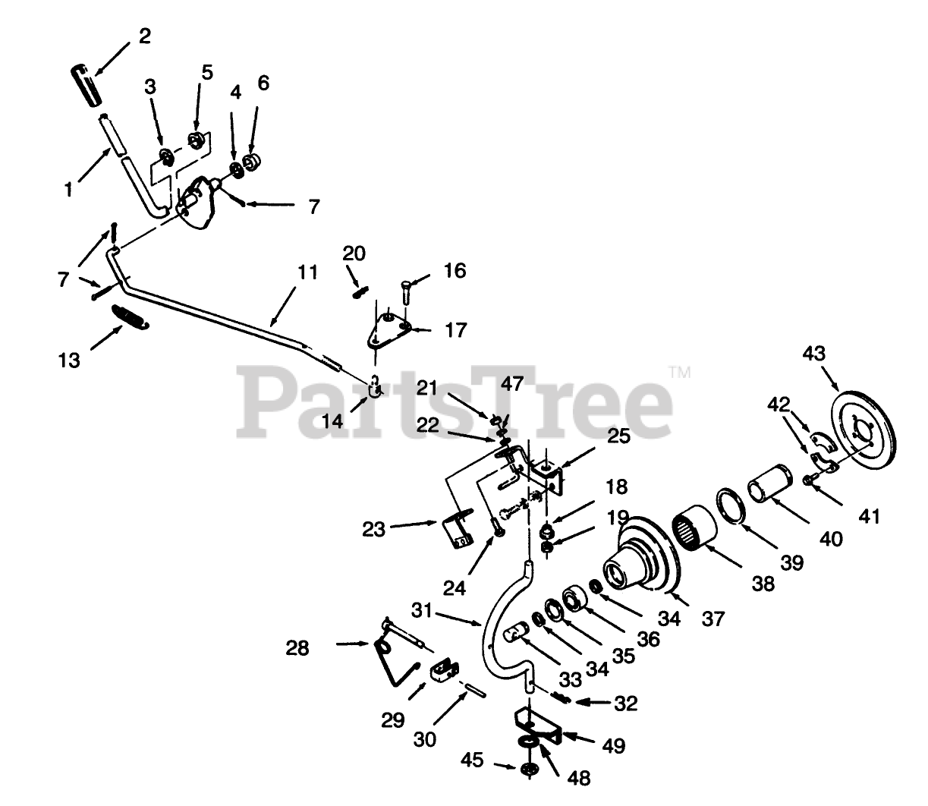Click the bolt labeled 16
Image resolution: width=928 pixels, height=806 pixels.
(405, 291)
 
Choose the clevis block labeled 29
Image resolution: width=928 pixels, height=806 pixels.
(444, 669)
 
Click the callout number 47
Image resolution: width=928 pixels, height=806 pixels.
(512, 384)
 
